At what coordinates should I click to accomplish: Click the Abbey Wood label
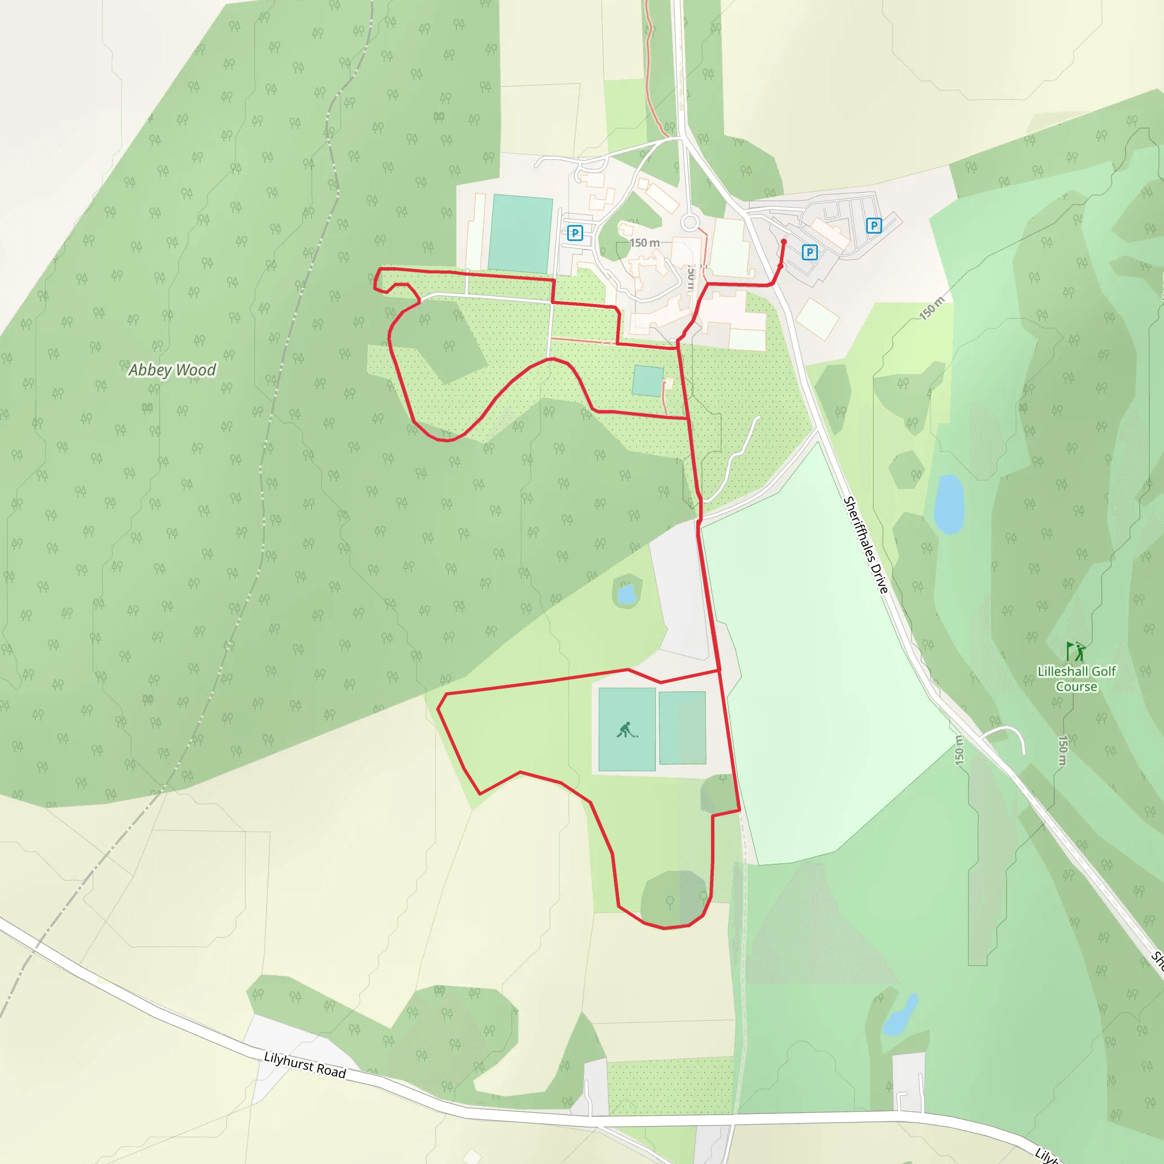[172, 369]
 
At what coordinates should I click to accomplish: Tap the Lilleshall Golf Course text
[1076, 679]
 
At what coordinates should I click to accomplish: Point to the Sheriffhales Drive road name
[866, 544]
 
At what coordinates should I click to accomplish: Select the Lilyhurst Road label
[305, 1065]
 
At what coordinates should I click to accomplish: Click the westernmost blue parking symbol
[575, 232]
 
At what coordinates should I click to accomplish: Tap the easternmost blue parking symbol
[874, 225]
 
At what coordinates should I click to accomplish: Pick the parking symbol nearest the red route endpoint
[810, 252]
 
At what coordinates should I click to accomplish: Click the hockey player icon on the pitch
[626, 730]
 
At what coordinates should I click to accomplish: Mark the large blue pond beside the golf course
[949, 504]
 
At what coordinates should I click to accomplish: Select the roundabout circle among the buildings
[690, 222]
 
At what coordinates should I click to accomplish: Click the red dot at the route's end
[784, 242]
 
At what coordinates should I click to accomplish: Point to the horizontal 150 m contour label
[644, 243]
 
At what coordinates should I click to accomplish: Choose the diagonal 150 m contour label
[932, 308]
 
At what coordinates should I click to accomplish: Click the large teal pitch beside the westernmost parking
[520, 234]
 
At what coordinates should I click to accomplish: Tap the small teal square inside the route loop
[648, 381]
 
